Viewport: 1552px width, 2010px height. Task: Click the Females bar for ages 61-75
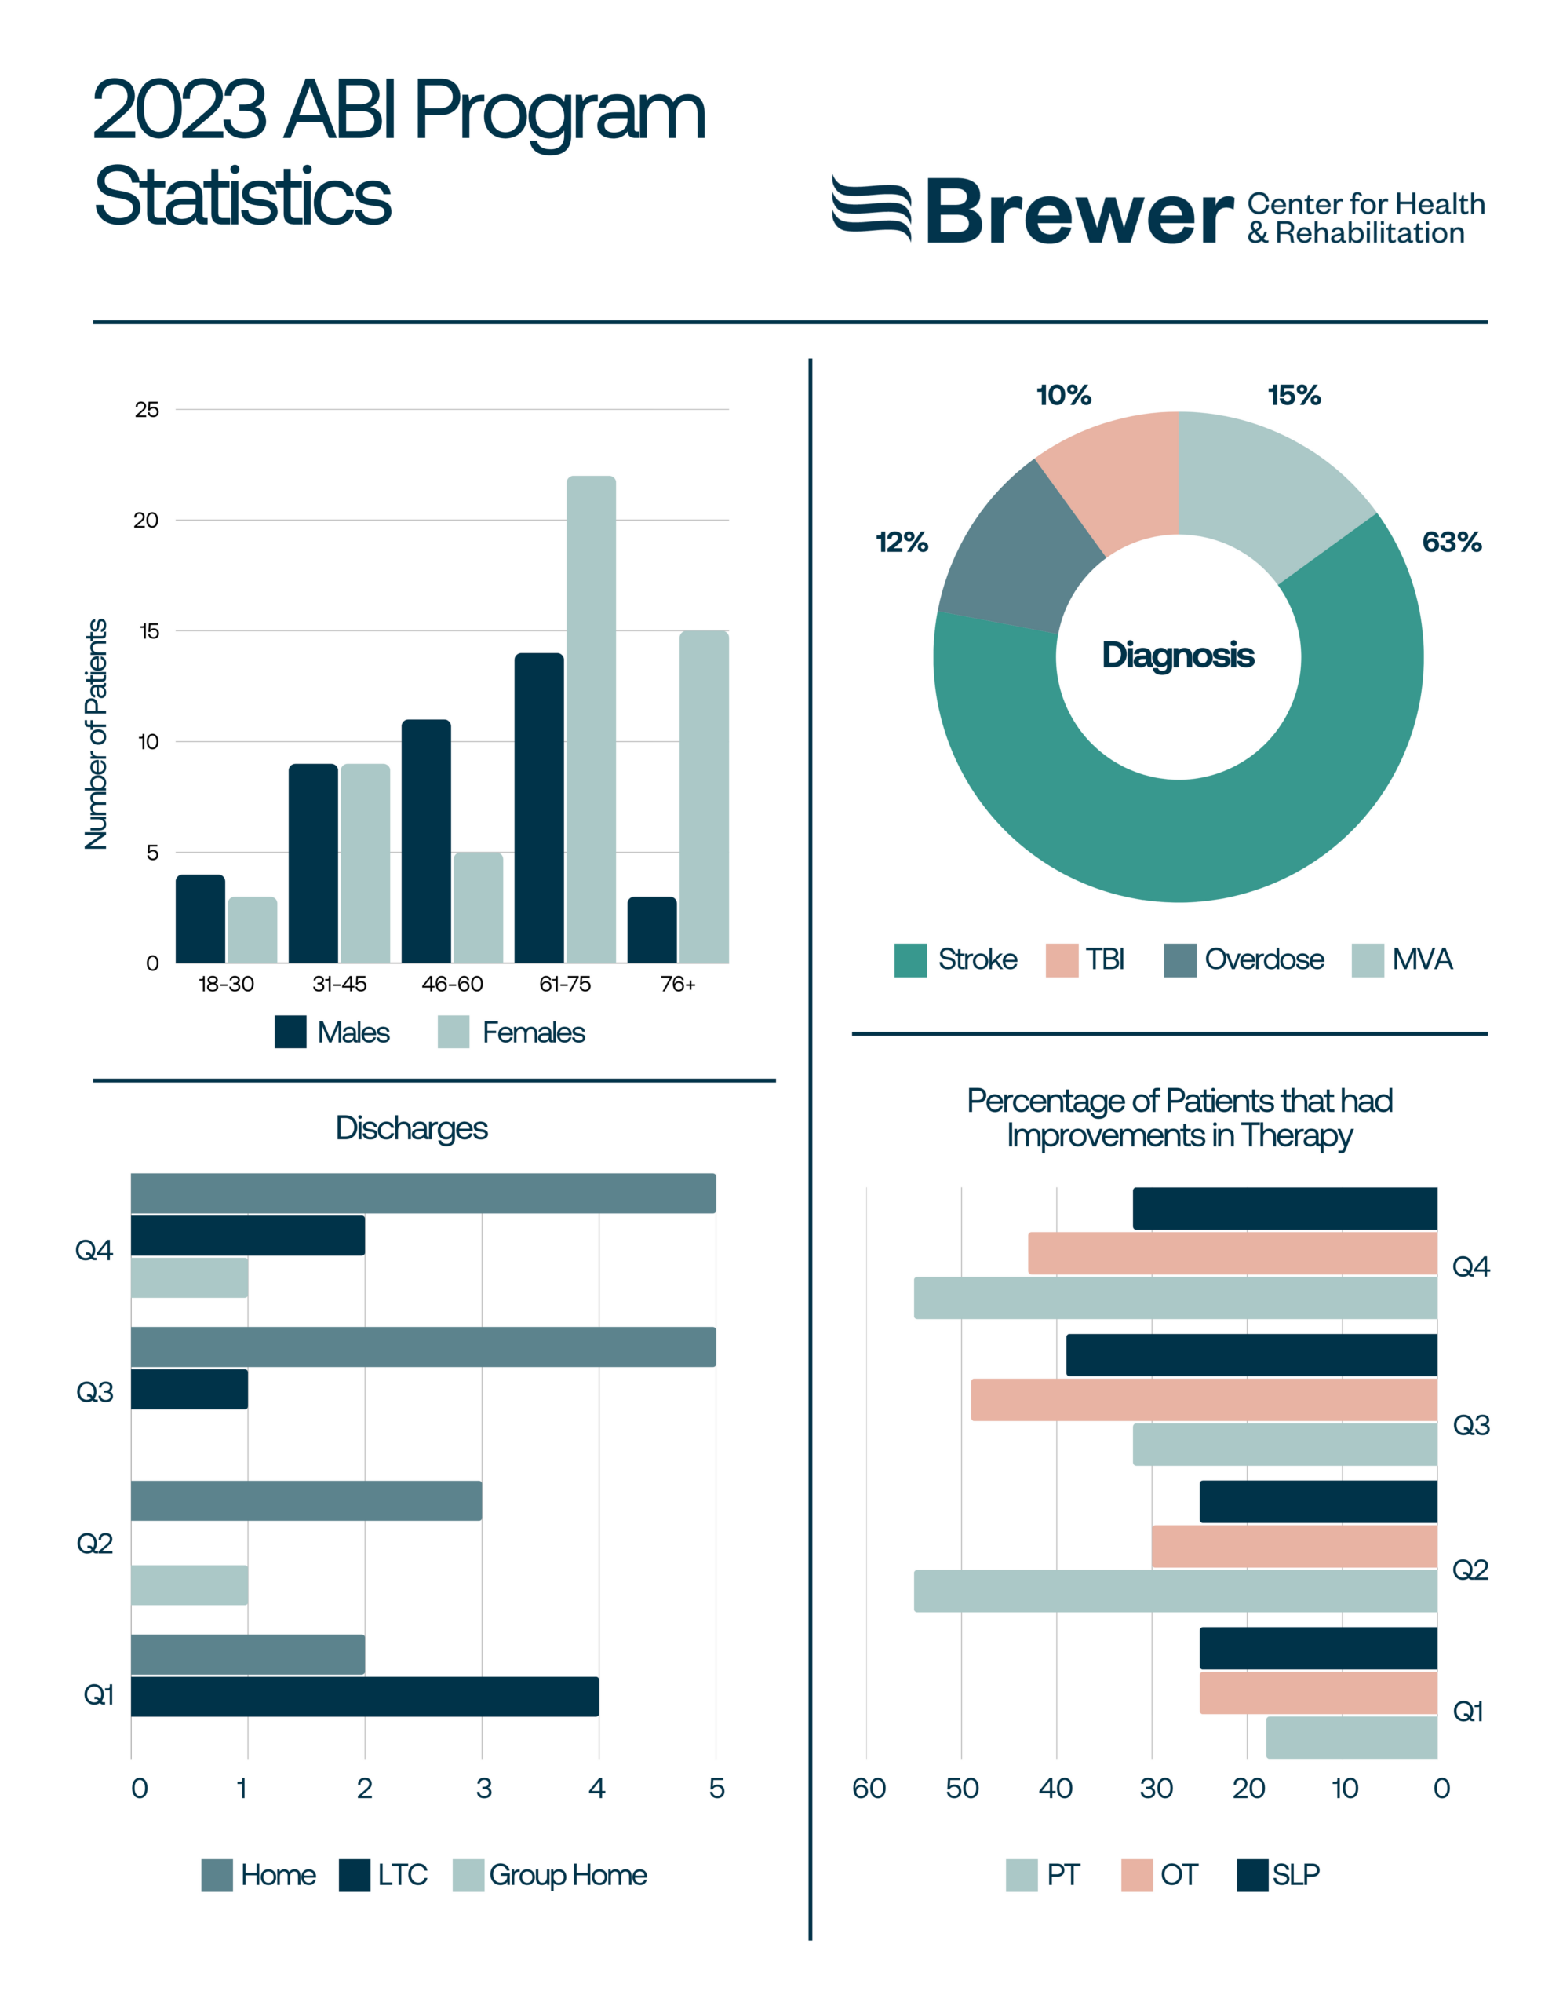click(x=591, y=718)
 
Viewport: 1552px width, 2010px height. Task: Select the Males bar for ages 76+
click(x=651, y=930)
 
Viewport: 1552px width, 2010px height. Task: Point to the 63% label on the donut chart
click(x=1451, y=542)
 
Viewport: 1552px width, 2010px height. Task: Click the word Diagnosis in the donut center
click(x=1178, y=656)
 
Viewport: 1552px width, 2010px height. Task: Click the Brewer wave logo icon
click(x=870, y=208)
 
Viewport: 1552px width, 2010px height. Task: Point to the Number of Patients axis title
click(x=97, y=733)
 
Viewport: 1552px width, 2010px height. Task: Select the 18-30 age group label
click(x=226, y=984)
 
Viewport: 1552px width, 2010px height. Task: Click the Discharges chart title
click(x=411, y=1128)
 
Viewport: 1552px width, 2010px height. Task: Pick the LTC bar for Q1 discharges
click(x=364, y=1696)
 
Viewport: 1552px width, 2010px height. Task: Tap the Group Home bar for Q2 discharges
click(x=188, y=1584)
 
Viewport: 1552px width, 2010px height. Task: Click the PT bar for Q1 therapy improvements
click(x=1350, y=1737)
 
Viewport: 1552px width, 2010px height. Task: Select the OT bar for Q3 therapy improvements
click(x=1204, y=1399)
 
